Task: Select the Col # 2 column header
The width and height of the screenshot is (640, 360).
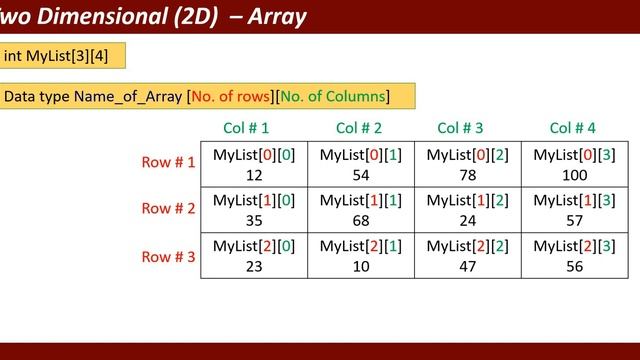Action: pyautogui.click(x=359, y=128)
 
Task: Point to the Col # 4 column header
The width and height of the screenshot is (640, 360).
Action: pyautogui.click(x=573, y=128)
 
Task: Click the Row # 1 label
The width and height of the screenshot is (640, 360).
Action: pyautogui.click(x=169, y=162)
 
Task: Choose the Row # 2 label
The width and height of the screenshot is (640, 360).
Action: pyautogui.click(x=169, y=208)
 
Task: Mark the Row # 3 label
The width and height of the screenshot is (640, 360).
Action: pyautogui.click(x=169, y=255)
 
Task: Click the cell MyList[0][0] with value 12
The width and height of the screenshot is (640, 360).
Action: pyautogui.click(x=253, y=162)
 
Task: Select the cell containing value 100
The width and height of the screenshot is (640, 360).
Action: pyautogui.click(x=573, y=162)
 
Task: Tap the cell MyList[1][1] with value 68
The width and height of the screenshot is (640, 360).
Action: pyautogui.click(x=359, y=208)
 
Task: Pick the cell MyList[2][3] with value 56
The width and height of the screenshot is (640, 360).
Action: pyautogui.click(x=573, y=255)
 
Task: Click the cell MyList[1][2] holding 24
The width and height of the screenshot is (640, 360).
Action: pyautogui.click(x=466, y=208)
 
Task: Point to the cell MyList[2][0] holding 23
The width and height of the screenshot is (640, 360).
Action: pyautogui.click(x=253, y=255)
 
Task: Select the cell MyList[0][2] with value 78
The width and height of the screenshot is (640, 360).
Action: pyautogui.click(x=466, y=162)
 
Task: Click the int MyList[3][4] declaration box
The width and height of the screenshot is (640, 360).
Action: pyautogui.click(x=62, y=55)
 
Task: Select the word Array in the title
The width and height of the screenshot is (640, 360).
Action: pyautogui.click(x=275, y=17)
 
